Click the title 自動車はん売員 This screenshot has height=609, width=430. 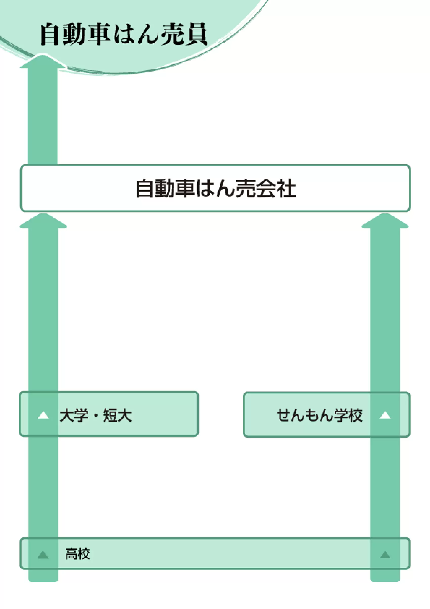pos(123,34)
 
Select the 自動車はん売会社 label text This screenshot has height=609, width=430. pos(216,188)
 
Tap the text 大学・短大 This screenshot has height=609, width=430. pos(95,415)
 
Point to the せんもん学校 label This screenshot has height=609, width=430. pos(319,415)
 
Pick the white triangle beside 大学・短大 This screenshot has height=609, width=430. pos(43,415)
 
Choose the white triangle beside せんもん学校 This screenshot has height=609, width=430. pos(385,415)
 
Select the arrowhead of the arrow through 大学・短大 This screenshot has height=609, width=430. pos(43,221)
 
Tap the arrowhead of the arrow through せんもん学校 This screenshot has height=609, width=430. pos(385,221)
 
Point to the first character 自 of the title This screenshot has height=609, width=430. pos(51,34)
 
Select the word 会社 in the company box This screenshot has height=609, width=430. pos(276,188)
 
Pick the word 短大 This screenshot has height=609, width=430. pos(117,415)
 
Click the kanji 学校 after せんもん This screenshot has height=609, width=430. pos(348,415)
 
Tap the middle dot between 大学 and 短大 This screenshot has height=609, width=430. pos(96,416)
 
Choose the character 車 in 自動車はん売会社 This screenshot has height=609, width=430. pos(184,188)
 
